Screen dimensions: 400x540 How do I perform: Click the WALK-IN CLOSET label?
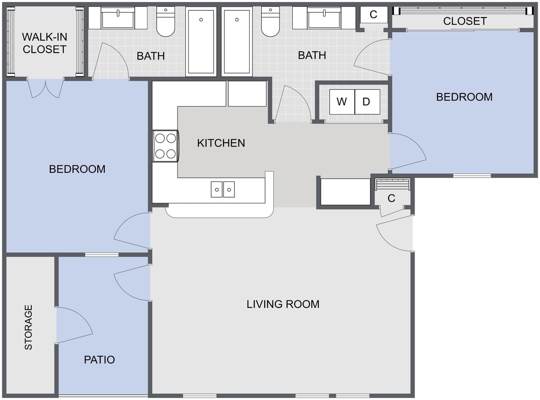tap(44, 43)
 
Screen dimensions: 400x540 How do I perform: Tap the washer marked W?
tap(342, 102)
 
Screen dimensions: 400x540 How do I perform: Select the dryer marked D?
tap(367, 102)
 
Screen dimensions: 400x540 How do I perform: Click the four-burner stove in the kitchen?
tap(165, 146)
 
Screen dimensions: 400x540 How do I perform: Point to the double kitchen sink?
tap(223, 190)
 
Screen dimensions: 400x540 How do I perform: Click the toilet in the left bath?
tap(166, 22)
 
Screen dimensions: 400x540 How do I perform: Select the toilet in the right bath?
tap(270, 22)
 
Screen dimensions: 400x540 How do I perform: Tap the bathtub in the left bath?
tap(201, 42)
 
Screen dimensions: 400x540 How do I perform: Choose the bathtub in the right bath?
tap(237, 42)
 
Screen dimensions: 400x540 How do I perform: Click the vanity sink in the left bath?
tap(118, 18)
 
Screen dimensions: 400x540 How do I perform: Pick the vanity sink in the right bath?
tap(324, 18)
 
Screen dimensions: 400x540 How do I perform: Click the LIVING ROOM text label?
tap(283, 304)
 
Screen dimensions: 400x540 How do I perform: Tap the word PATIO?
tap(99, 360)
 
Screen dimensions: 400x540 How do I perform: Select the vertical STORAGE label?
tap(28, 327)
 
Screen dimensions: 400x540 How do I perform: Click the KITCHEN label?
tap(221, 143)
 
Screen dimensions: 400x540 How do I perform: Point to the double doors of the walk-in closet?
tap(46, 88)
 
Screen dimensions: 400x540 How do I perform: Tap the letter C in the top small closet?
tap(373, 15)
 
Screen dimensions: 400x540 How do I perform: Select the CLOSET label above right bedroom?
tap(465, 21)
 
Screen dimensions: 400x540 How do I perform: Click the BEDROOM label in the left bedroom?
tap(77, 169)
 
